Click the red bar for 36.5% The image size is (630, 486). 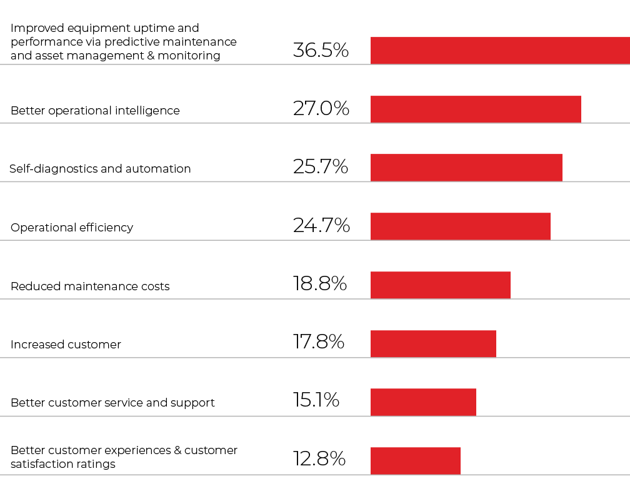tap(500, 50)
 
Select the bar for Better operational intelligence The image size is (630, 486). tap(476, 109)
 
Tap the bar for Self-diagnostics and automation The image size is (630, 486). tap(466, 168)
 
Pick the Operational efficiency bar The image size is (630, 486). tap(461, 226)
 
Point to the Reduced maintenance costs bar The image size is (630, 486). tap(441, 285)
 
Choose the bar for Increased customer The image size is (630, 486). tap(433, 343)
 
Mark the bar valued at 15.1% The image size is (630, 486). tap(423, 402)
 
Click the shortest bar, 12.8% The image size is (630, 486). tap(416, 460)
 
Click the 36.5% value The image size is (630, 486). tap(321, 50)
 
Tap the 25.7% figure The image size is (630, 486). tap(321, 166)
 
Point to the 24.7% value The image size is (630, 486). tap(321, 225)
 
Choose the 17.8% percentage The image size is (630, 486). tap(319, 342)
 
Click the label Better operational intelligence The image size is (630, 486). tap(95, 111)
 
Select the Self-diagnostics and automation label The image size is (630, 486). tap(100, 169)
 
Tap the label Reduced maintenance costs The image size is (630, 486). tap(90, 286)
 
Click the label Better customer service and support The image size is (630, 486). tap(112, 403)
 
